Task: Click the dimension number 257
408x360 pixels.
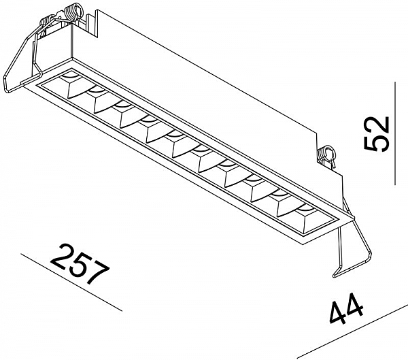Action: (80, 264)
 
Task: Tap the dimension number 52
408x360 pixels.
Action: (377, 133)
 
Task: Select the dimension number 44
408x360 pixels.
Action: (346, 308)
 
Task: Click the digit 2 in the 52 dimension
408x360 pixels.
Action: (377, 125)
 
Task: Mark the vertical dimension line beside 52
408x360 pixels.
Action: (395, 133)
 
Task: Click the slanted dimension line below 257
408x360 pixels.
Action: (71, 282)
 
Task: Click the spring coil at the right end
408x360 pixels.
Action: (326, 155)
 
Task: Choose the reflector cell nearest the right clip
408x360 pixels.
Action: (309, 219)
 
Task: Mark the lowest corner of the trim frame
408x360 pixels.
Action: (303, 244)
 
